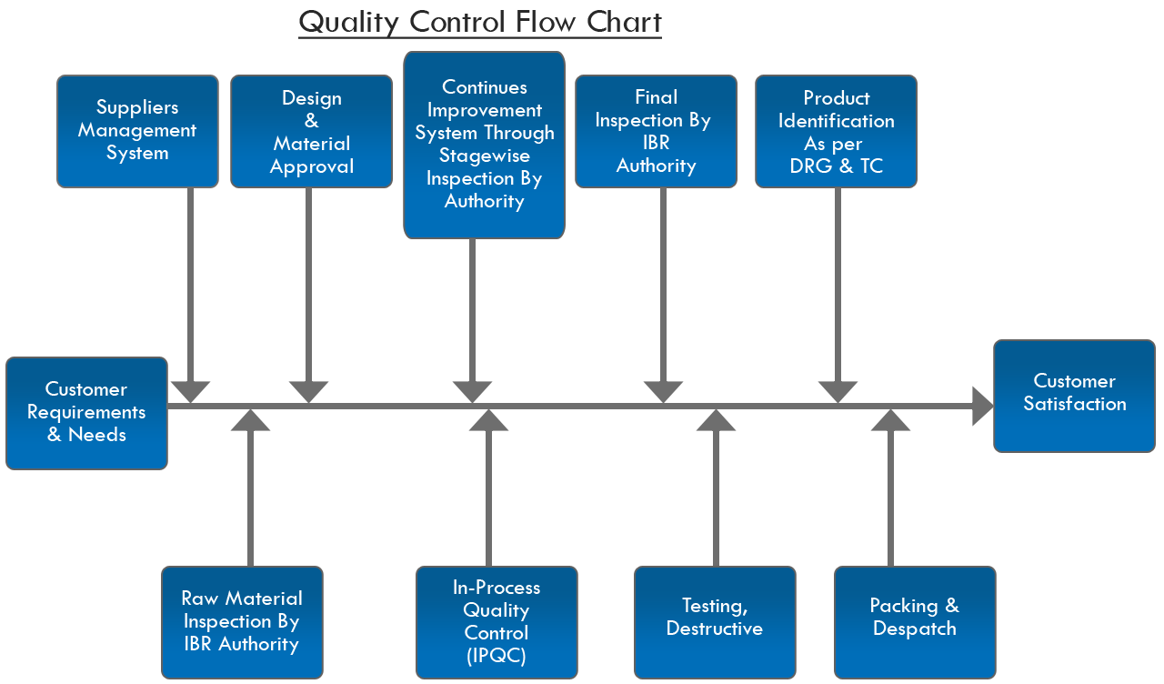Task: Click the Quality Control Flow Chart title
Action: pyautogui.click(x=479, y=22)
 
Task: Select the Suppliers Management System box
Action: pyautogui.click(x=137, y=131)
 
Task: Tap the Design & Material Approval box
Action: pyautogui.click(x=311, y=132)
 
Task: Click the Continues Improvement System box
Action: pyautogui.click(x=484, y=145)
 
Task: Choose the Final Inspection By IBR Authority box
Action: pyautogui.click(x=656, y=132)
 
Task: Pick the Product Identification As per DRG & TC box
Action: pyautogui.click(x=836, y=132)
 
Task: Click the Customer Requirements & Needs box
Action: pyautogui.click(x=86, y=413)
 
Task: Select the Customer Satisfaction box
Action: pyautogui.click(x=1074, y=396)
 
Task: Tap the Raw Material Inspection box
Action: pyautogui.click(x=242, y=622)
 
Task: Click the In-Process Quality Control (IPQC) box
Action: pyautogui.click(x=497, y=622)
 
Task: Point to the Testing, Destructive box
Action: pyautogui.click(x=715, y=622)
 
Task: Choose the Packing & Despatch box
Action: pyautogui.click(x=915, y=622)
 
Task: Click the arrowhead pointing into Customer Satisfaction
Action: pyautogui.click(x=982, y=406)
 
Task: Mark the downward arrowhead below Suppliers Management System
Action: pyautogui.click(x=190, y=391)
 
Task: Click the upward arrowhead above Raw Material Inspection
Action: pyautogui.click(x=251, y=420)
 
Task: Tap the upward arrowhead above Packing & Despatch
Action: pyautogui.click(x=890, y=420)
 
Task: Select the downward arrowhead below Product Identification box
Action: pyautogui.click(x=838, y=391)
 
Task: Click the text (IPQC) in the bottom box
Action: pyautogui.click(x=497, y=656)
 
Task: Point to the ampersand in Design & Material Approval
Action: pyautogui.click(x=312, y=121)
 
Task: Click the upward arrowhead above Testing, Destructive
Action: pyautogui.click(x=716, y=420)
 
